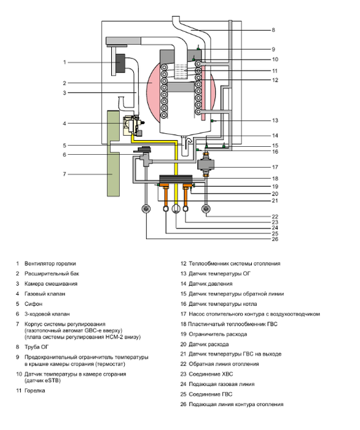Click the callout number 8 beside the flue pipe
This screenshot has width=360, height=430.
click(273, 30)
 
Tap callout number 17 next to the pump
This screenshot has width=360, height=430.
click(275, 167)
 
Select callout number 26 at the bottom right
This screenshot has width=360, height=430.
click(275, 239)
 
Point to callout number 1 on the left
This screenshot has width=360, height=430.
click(65, 62)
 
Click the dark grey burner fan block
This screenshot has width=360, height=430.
click(120, 63)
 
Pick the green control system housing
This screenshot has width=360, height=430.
click(113, 154)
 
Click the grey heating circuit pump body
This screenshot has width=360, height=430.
click(206, 165)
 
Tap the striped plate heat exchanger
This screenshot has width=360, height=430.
click(176, 179)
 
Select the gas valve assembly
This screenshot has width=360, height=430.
click(133, 125)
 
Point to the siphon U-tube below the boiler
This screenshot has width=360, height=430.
click(186, 146)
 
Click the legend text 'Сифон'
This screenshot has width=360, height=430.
click(33, 304)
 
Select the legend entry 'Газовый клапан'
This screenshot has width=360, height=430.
click(45, 294)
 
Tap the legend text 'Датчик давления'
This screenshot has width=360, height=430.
click(210, 284)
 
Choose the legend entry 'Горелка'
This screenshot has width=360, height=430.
click(35, 391)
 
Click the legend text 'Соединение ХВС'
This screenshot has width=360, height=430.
click(211, 374)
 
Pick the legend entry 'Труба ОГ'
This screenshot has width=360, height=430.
click(36, 347)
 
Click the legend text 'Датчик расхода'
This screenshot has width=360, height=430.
click(209, 344)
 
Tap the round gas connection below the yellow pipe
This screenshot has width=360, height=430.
click(176, 209)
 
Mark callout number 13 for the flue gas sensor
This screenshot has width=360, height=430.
click(275, 120)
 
